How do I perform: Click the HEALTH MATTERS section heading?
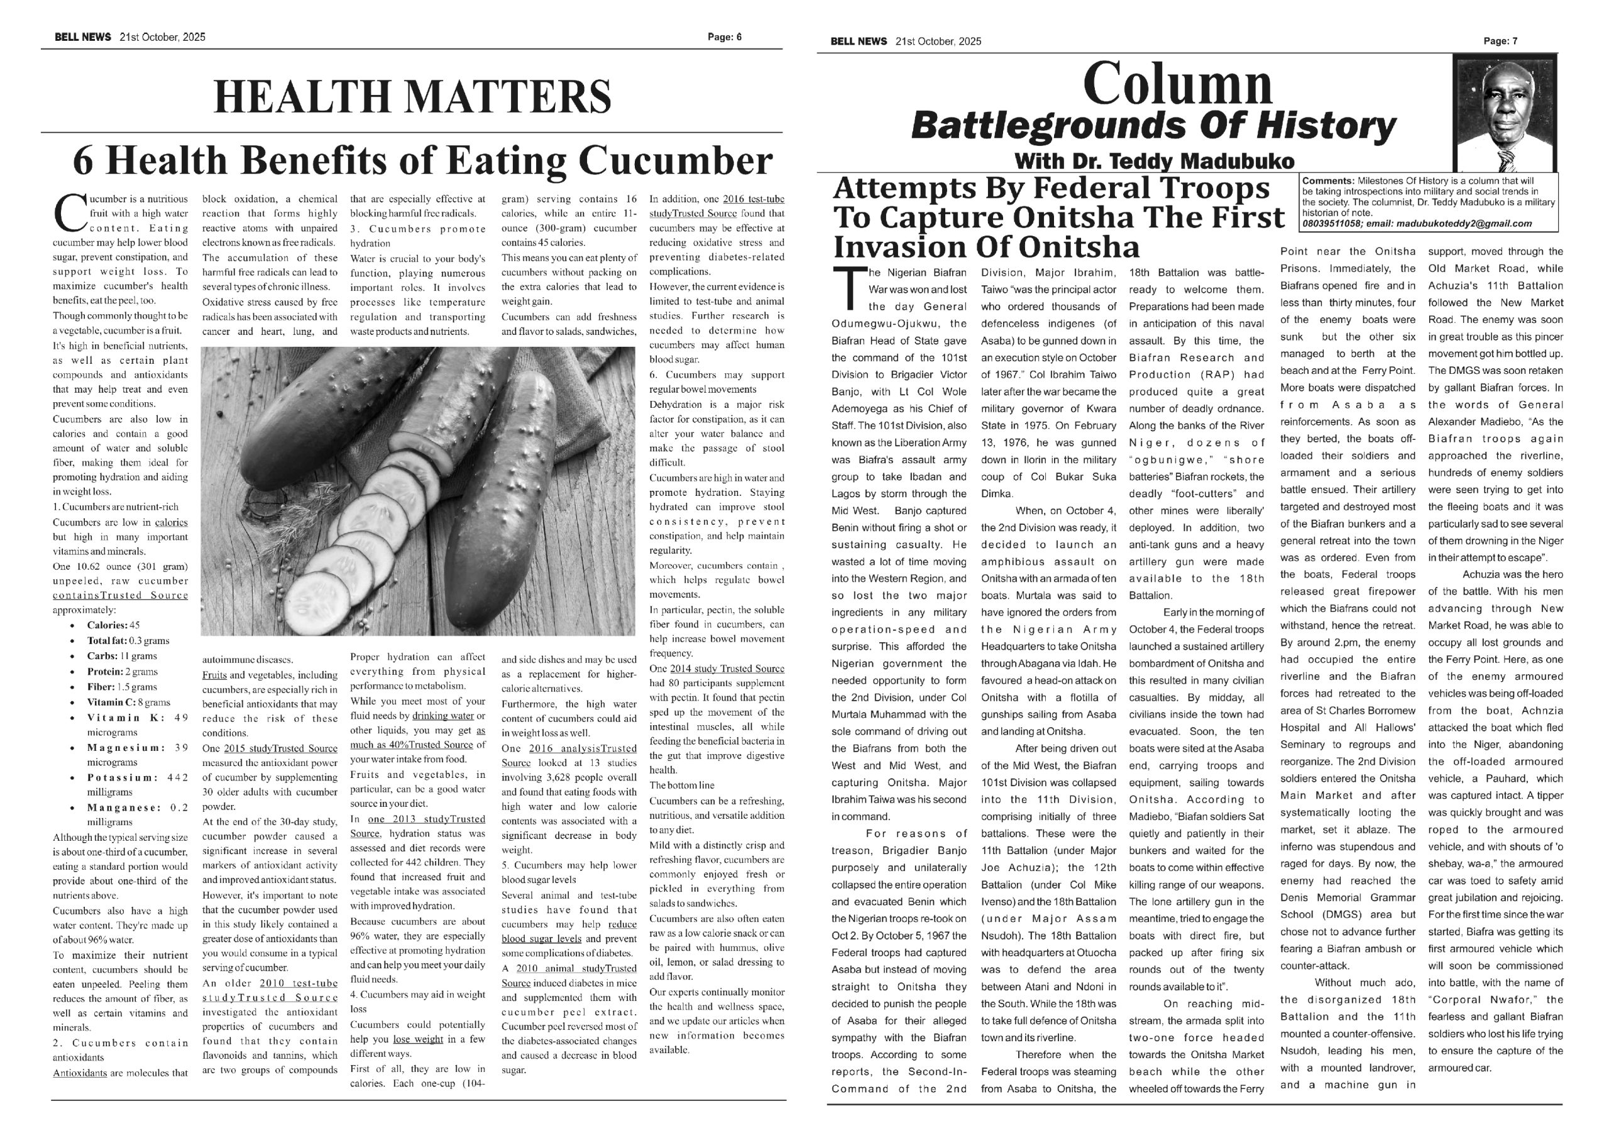pos(412,97)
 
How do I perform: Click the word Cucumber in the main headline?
pos(676,160)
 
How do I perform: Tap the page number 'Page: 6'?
pos(724,37)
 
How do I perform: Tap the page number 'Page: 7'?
pos(1500,41)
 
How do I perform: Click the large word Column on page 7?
pos(1177,85)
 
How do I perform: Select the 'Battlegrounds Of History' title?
pos(1153,127)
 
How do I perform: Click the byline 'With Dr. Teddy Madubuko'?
pos(1153,162)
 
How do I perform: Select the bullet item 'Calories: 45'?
pos(113,625)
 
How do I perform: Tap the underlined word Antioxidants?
pos(80,1073)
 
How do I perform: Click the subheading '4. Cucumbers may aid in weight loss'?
pos(418,1002)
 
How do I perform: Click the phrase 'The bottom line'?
pos(682,785)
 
